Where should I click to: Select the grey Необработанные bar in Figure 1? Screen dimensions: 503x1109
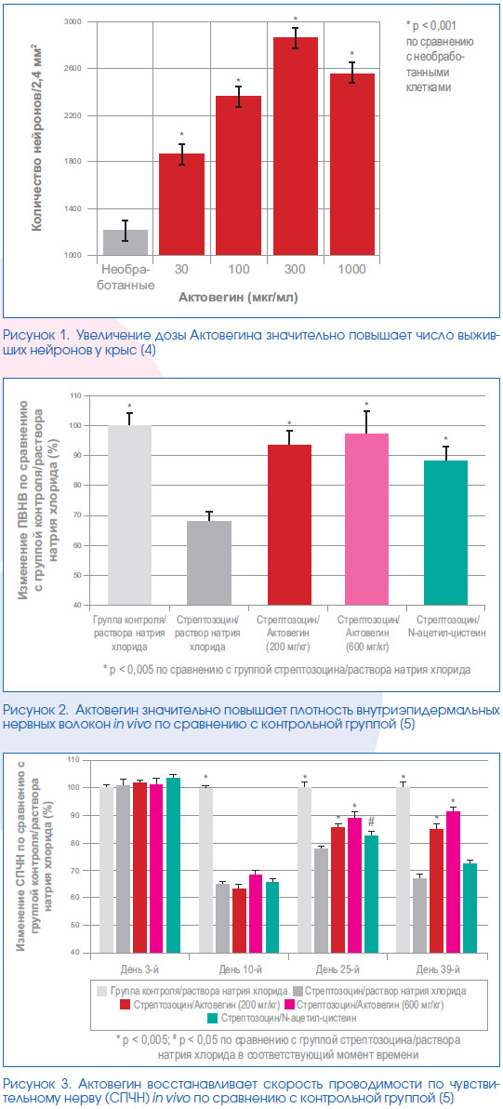tap(125, 243)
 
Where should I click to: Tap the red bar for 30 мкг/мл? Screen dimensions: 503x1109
tap(181, 205)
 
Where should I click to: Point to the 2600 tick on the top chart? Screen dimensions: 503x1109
tap(73, 69)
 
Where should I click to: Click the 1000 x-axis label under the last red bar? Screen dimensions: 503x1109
tap(352, 270)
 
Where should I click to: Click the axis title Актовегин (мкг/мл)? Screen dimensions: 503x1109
tap(238, 298)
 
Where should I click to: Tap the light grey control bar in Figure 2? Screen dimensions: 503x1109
tap(129, 515)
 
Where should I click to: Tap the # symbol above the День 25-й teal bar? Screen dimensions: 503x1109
tap(371, 822)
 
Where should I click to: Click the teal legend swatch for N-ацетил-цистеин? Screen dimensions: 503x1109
tap(214, 1019)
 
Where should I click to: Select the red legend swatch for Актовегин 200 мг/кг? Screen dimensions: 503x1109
tap(125, 1004)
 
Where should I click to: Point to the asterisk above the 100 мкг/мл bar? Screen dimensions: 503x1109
tap(239, 80)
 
